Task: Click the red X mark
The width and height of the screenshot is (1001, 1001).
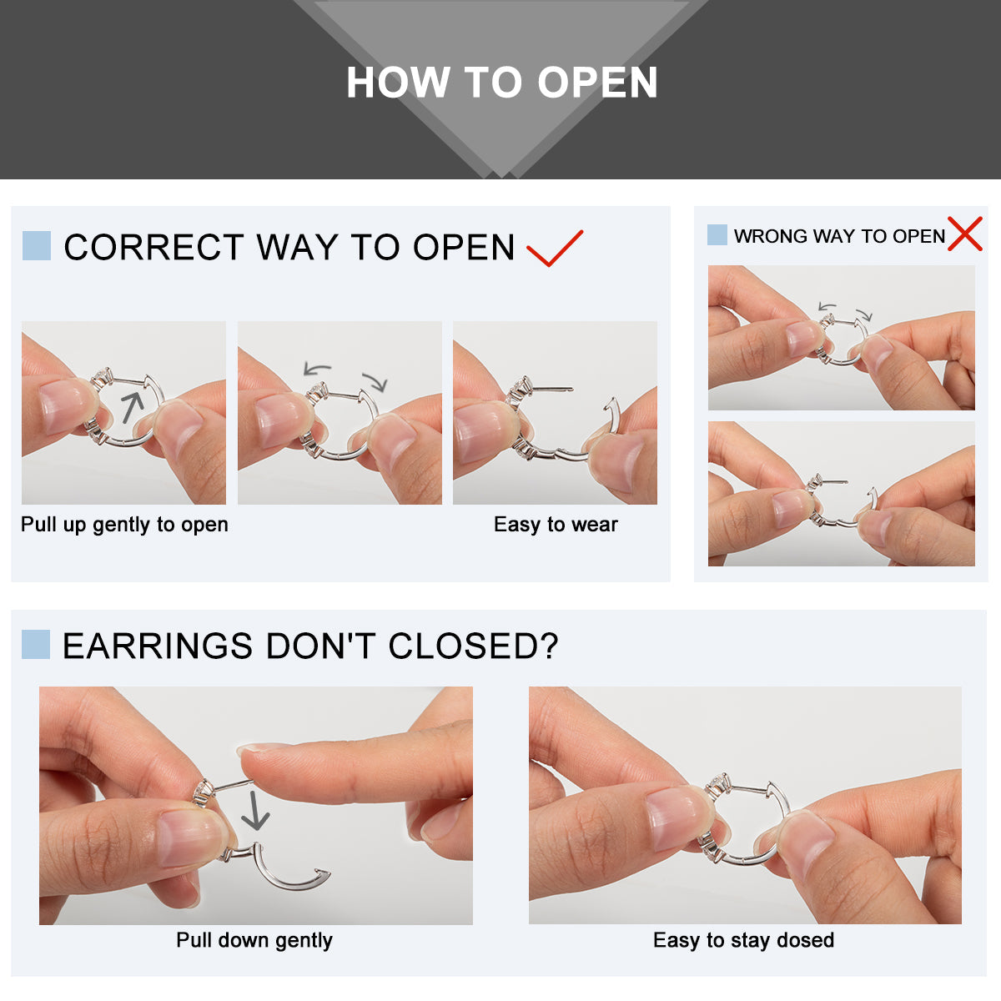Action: pyautogui.click(x=964, y=234)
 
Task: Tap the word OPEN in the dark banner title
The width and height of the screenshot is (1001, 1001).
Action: pyautogui.click(x=597, y=82)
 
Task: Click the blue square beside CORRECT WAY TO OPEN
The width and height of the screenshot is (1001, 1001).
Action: pyautogui.click(x=37, y=245)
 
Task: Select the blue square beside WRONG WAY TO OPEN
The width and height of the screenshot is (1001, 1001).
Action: pyautogui.click(x=717, y=234)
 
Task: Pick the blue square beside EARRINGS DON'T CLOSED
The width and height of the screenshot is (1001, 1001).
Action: pyautogui.click(x=36, y=644)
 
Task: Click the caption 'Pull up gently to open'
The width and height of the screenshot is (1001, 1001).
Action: pyautogui.click(x=124, y=526)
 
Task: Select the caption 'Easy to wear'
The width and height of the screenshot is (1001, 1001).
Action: pyautogui.click(x=556, y=525)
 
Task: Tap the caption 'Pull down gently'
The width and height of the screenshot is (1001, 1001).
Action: pyautogui.click(x=254, y=940)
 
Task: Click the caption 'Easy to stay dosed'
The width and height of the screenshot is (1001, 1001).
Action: pyautogui.click(x=743, y=940)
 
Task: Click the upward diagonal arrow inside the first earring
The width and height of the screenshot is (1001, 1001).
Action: pyautogui.click(x=133, y=408)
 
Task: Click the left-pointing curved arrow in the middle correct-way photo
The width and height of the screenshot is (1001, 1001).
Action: pyautogui.click(x=316, y=369)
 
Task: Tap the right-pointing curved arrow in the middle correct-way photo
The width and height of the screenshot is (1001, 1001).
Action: pyautogui.click(x=376, y=380)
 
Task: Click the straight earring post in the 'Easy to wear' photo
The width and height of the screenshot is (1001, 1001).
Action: pyautogui.click(x=552, y=389)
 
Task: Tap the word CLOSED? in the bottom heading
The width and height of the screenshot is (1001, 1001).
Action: pyautogui.click(x=473, y=646)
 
